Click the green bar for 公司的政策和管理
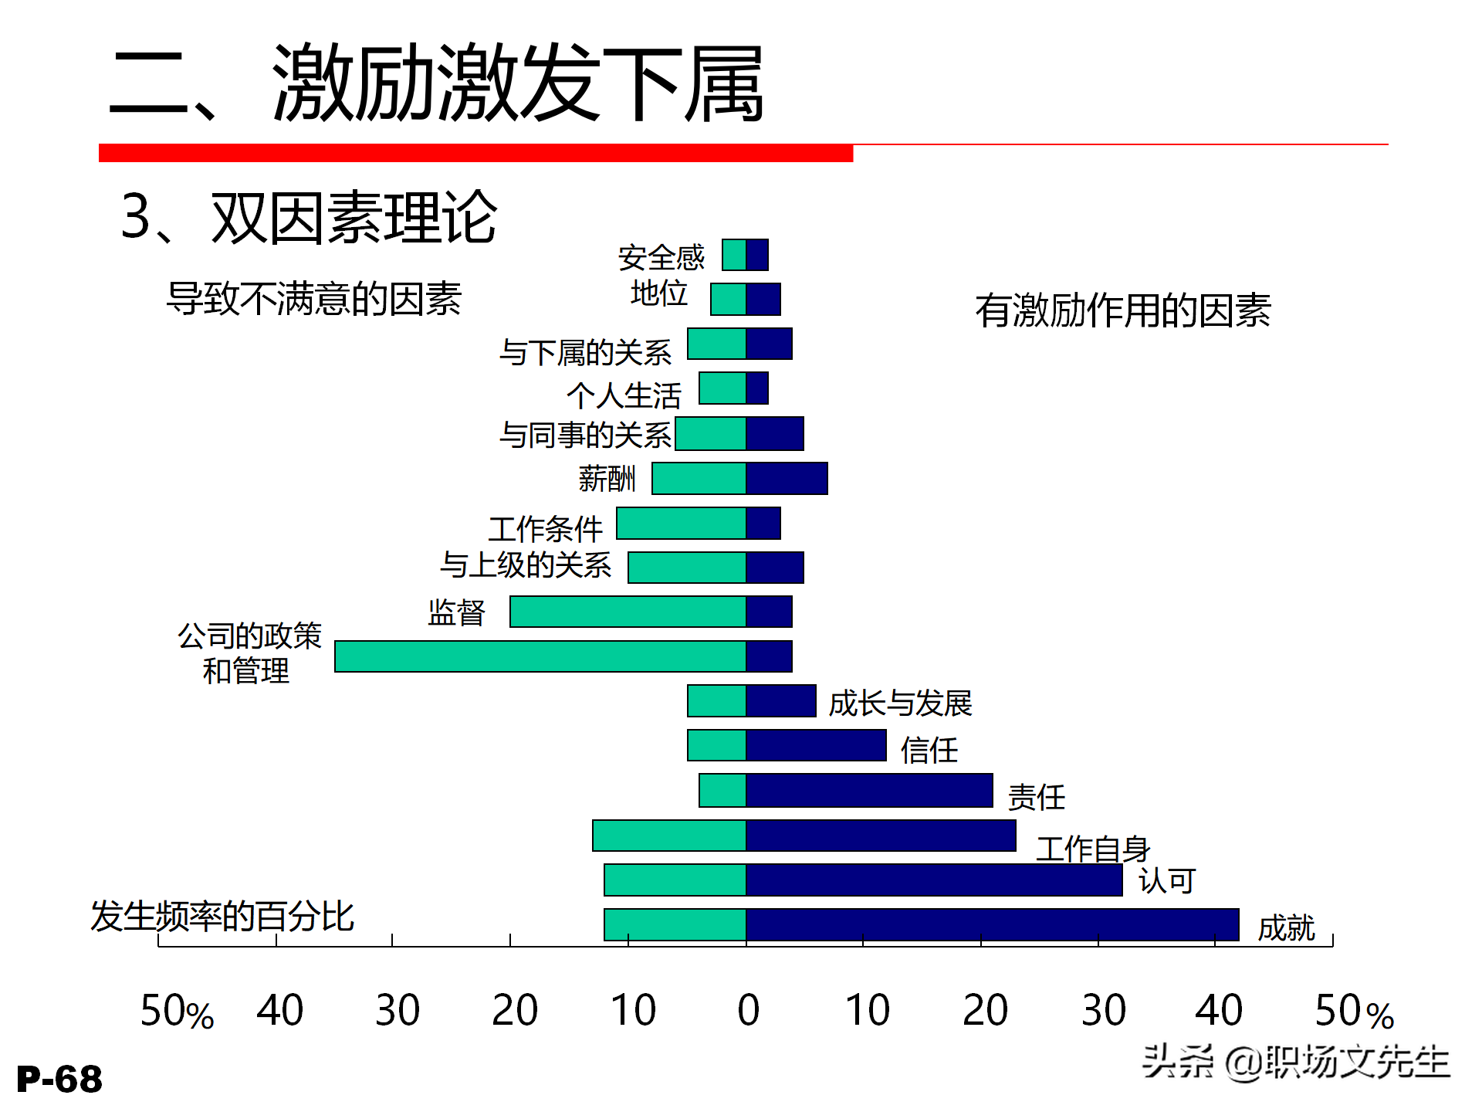(540, 656)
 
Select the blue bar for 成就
(992, 924)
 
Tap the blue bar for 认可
(934, 880)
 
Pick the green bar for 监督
(628, 612)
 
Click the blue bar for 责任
(869, 791)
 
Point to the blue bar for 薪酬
(787, 478)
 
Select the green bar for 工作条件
(681, 523)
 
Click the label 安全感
(661, 257)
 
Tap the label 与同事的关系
(585, 435)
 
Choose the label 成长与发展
(900, 703)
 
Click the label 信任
(929, 750)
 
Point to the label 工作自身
(1093, 849)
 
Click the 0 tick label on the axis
(748, 1010)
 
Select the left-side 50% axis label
(177, 1011)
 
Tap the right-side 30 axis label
(1103, 1010)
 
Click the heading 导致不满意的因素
(314, 299)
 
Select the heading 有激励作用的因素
(1122, 310)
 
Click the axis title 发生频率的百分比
(222, 917)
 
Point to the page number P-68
(59, 1079)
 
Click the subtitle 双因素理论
(354, 218)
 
